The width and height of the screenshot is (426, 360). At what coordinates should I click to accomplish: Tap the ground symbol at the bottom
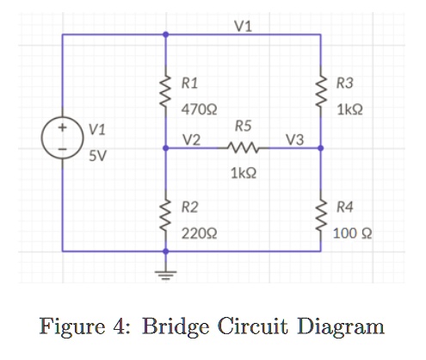tap(166, 274)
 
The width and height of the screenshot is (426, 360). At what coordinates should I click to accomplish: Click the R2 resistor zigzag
tap(166, 214)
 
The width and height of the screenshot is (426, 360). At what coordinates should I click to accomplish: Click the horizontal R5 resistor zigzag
tap(243, 149)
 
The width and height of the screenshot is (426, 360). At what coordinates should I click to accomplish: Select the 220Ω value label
tap(197, 233)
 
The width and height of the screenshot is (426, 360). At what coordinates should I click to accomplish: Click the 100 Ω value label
tap(355, 233)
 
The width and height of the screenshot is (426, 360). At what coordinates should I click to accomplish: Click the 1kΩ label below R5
tap(244, 173)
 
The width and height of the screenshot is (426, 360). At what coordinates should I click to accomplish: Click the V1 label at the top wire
tap(243, 24)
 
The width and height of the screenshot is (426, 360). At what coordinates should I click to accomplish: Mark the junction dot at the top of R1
tap(166, 35)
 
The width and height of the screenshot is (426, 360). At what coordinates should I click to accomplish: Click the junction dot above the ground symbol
tap(166, 252)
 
